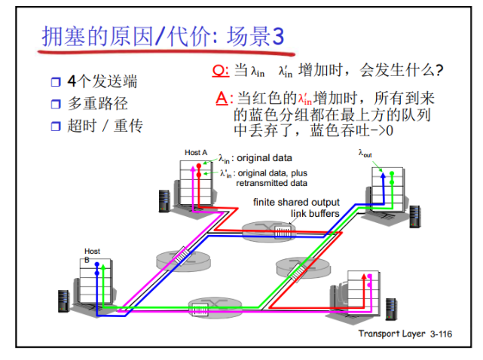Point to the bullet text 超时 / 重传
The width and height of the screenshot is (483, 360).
pyautogui.click(x=104, y=126)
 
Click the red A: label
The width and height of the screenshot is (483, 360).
pyautogui.click(x=221, y=98)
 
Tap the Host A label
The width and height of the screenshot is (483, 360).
pyautogui.click(x=195, y=153)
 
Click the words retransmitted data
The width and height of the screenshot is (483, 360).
pyautogui.click(x=272, y=183)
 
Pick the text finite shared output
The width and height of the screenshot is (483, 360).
pyautogui.click(x=296, y=203)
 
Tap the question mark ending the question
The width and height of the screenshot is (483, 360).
pyautogui.click(x=439, y=72)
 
